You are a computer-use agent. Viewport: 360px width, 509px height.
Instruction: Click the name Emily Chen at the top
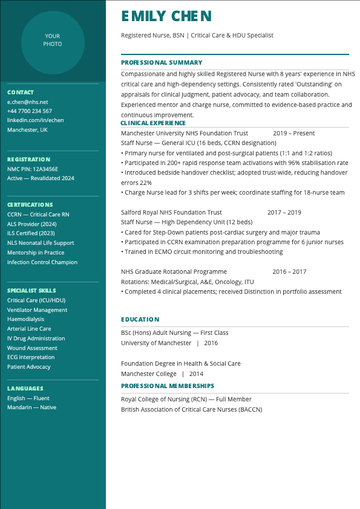coord(166,16)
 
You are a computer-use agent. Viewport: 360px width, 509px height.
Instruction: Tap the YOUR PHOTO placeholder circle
coord(53,41)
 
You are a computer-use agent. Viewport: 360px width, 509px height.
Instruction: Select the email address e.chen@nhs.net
coord(27,102)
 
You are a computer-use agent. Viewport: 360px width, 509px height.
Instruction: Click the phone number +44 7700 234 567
coord(30,111)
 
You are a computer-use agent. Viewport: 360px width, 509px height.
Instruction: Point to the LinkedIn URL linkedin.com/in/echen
coord(35,120)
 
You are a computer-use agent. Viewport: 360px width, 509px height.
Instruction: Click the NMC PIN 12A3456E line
coord(33,169)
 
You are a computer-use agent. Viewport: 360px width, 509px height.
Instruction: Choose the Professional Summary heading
coord(162,62)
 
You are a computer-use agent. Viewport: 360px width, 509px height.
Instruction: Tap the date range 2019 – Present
coord(293,134)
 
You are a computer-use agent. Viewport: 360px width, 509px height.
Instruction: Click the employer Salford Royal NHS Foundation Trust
coord(171,213)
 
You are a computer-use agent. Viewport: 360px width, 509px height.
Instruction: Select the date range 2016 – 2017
coord(289,272)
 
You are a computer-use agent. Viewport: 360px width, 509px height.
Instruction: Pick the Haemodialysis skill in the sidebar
coord(25,319)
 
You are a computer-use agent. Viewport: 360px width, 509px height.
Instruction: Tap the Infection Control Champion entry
coord(42,262)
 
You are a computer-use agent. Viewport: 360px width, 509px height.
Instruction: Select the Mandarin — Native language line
coord(31,407)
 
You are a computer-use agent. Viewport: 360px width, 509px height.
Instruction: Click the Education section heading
coord(140,319)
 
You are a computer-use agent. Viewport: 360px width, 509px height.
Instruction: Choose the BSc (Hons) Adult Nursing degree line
coord(174,333)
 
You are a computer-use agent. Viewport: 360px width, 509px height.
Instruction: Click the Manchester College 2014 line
coord(162,374)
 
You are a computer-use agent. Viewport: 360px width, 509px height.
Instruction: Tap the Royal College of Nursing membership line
coord(186,400)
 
